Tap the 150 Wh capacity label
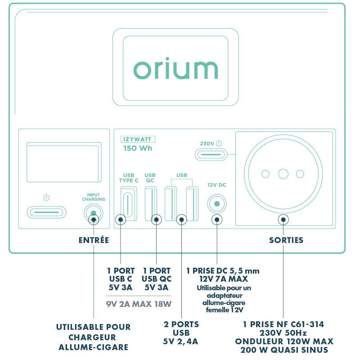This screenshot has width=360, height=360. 138,148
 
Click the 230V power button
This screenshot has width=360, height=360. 211,154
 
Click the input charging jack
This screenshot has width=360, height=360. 93,212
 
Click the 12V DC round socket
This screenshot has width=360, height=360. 216,204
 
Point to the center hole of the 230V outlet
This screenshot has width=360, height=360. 283,174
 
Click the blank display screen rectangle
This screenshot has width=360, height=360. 63,163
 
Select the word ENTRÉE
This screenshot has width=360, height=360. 94,240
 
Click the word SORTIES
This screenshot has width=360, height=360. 286,240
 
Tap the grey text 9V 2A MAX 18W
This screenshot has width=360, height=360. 139,304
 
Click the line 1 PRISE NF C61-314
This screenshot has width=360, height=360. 283,324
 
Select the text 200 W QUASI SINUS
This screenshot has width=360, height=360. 284,350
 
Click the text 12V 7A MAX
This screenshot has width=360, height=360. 223,279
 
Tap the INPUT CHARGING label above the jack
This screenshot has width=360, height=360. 93,197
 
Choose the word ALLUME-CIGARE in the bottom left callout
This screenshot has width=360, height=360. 93,347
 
